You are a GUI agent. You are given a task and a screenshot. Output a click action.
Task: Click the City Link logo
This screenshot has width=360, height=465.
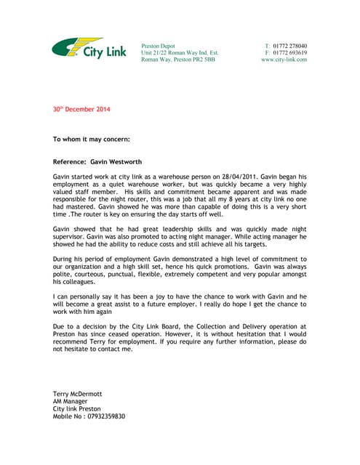[x=89, y=50]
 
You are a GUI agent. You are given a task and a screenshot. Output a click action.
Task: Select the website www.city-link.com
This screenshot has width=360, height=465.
[x=284, y=60]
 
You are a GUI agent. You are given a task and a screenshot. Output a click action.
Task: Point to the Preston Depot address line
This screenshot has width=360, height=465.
[x=158, y=46]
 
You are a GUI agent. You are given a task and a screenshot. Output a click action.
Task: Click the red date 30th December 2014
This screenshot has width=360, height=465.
[x=81, y=110]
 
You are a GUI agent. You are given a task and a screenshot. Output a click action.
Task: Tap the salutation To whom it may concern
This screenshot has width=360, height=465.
[x=92, y=138]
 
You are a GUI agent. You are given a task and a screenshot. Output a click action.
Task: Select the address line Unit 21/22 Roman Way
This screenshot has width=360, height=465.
[x=179, y=53]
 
